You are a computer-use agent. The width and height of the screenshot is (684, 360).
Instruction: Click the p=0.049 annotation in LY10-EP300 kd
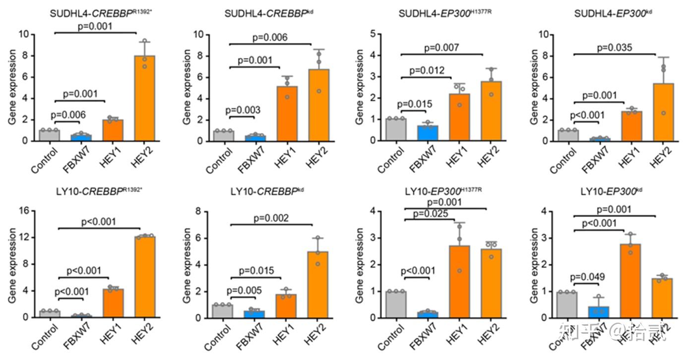pyautogui.click(x=588, y=277)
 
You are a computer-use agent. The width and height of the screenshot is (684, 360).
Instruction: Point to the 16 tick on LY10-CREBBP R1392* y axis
pyautogui.click(x=24, y=211)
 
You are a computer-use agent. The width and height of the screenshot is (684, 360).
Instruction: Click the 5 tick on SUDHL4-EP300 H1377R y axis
pyautogui.click(x=371, y=34)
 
